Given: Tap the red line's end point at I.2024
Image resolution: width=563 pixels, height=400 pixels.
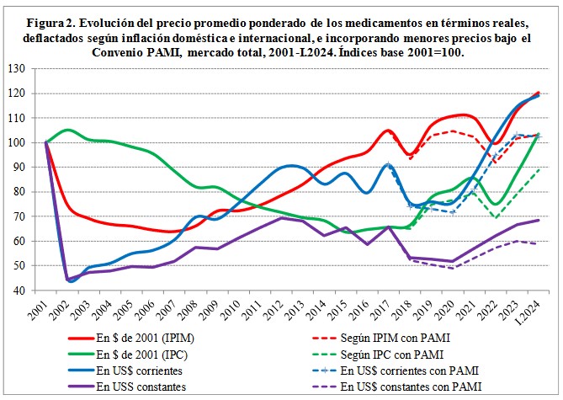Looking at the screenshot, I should click(x=539, y=93).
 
